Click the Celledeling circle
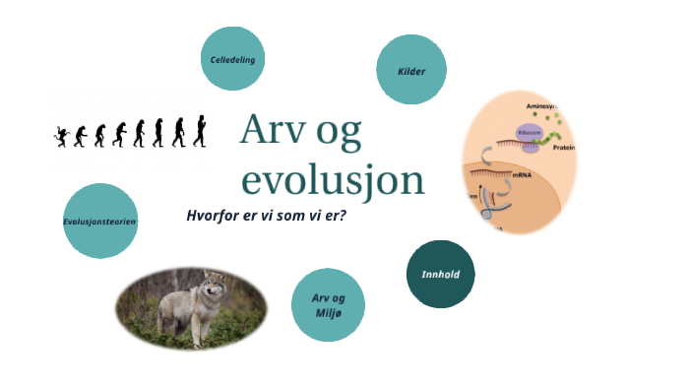click(233, 60)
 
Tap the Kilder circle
click(411, 70)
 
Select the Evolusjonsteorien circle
click(99, 222)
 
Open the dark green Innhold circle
click(440, 274)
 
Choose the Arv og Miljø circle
click(328, 304)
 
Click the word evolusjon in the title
click(333, 180)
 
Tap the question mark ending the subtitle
click(342, 215)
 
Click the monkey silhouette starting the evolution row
click(62, 136)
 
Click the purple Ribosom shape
click(530, 134)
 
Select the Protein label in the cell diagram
click(564, 148)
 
